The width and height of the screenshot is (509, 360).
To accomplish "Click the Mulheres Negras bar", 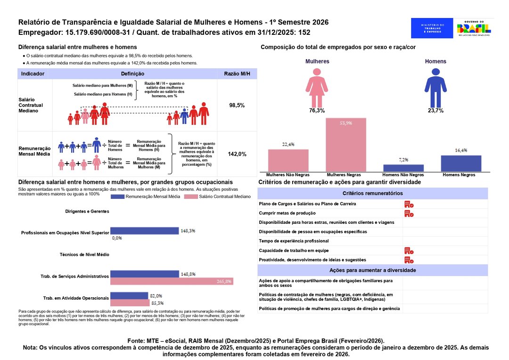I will [x=346, y=145].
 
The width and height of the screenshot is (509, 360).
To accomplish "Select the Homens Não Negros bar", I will [x=403, y=168].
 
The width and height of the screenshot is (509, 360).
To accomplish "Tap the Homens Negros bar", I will [x=461, y=163].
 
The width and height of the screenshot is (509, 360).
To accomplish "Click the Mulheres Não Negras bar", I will [x=288, y=160].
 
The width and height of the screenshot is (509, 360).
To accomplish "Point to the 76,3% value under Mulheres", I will [x=317, y=110].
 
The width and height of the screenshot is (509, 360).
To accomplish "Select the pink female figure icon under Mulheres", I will [x=317, y=87].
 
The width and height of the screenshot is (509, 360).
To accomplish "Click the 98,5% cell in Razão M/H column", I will [x=237, y=105].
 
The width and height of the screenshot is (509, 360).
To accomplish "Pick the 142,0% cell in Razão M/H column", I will [x=237, y=154].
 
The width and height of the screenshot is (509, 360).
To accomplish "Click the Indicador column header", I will [x=33, y=74].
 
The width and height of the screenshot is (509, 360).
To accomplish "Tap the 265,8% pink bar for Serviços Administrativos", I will [x=172, y=281].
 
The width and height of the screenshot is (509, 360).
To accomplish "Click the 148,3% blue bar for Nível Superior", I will [x=145, y=231].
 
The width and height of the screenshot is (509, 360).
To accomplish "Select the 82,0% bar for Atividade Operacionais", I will [x=129, y=296].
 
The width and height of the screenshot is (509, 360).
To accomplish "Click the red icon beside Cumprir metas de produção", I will [x=409, y=213].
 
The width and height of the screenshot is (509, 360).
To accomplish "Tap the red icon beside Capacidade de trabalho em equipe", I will [x=409, y=251].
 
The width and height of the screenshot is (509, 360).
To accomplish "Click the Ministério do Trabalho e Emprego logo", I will [x=432, y=28].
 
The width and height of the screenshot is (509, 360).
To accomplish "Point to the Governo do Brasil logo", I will [x=474, y=28].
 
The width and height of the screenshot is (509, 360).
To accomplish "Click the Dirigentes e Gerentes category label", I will [x=87, y=212].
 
